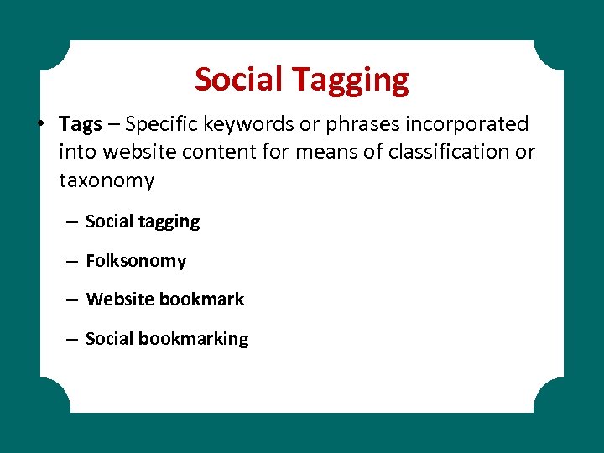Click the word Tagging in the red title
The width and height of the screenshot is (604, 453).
tap(351, 81)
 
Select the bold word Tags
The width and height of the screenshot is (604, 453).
tap(81, 124)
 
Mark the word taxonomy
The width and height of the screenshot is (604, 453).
tap(107, 180)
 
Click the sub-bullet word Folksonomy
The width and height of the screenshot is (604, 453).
tap(136, 261)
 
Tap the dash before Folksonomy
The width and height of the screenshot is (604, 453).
tap(72, 261)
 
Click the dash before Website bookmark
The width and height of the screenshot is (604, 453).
tap(72, 299)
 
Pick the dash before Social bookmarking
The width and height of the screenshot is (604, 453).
tap(72, 339)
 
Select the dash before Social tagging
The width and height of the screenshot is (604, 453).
tap(72, 222)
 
